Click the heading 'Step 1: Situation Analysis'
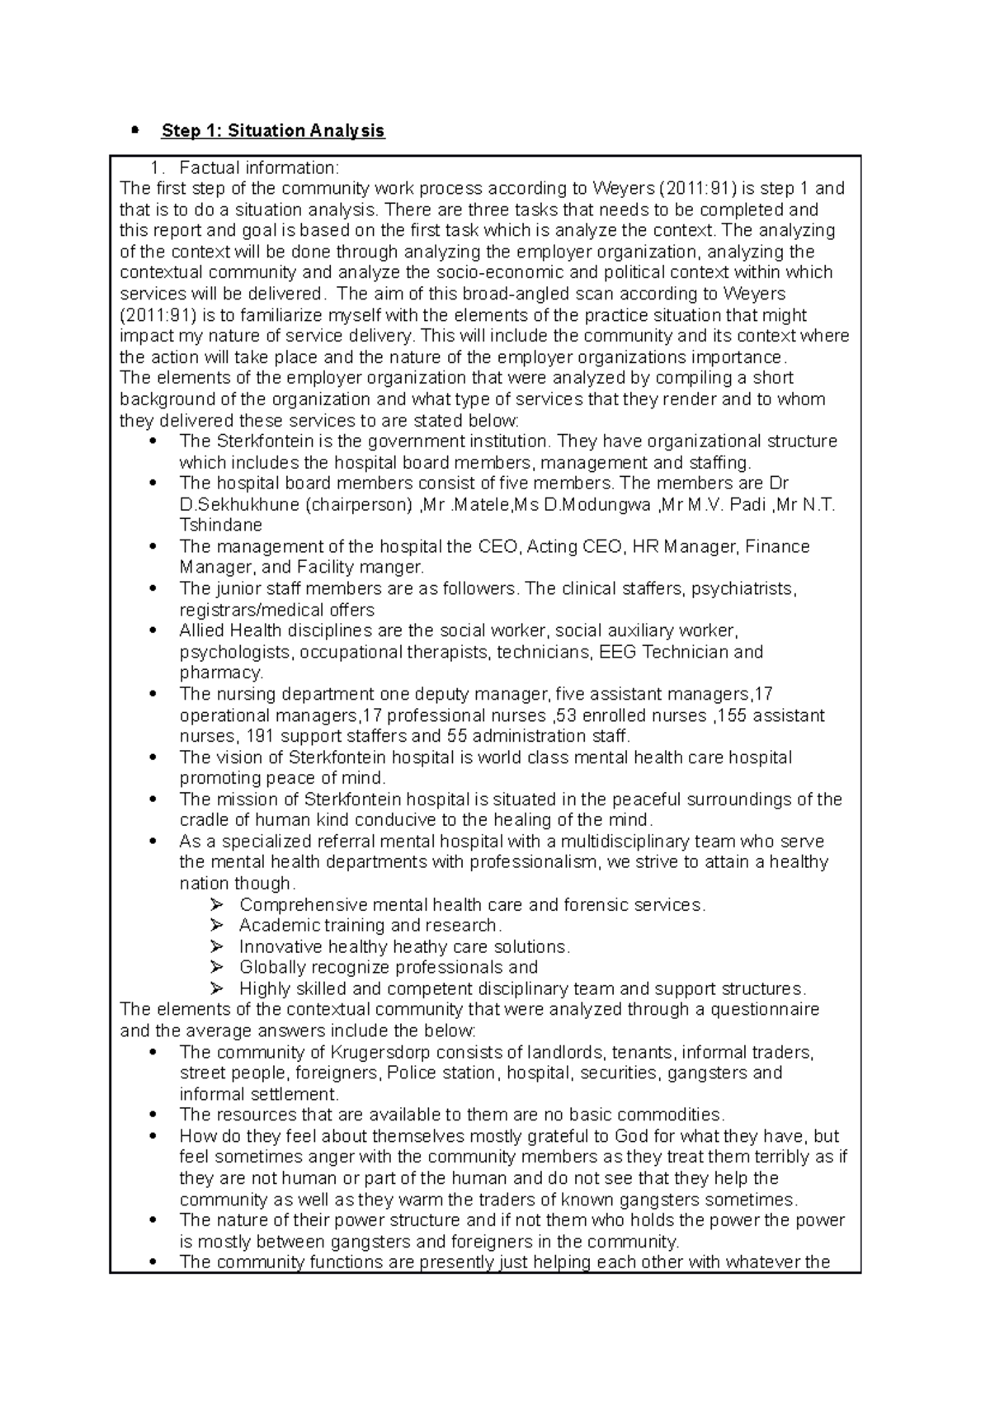point(273,130)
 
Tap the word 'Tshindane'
point(220,526)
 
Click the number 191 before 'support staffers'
point(262,736)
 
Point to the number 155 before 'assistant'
point(733,715)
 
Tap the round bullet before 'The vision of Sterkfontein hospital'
point(153,757)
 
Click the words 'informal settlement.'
point(259,1095)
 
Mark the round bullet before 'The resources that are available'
point(153,1115)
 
